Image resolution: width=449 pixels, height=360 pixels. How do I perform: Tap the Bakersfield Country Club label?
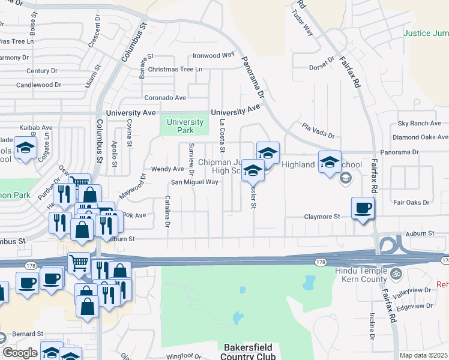[248, 352]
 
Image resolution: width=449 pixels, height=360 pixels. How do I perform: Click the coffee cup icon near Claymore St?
[363, 208]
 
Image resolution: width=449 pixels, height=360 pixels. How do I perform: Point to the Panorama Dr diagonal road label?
[253, 77]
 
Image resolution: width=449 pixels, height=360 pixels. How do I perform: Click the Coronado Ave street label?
[165, 97]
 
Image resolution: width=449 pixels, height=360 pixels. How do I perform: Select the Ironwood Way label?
[213, 55]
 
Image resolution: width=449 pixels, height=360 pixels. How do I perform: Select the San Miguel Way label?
[194, 182]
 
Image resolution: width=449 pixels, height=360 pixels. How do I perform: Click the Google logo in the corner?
[19, 353]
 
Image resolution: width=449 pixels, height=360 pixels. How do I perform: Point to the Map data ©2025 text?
[424, 355]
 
